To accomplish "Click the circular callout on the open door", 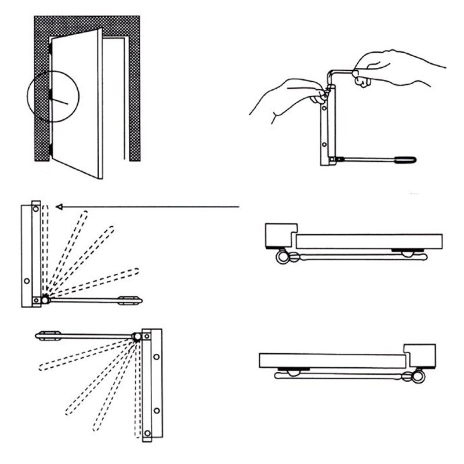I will (52, 96).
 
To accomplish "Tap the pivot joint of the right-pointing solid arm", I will (45, 299).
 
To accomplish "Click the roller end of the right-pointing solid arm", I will (130, 299).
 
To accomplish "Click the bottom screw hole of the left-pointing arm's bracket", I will (148, 433).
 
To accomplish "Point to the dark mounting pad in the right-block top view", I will (288, 369).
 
